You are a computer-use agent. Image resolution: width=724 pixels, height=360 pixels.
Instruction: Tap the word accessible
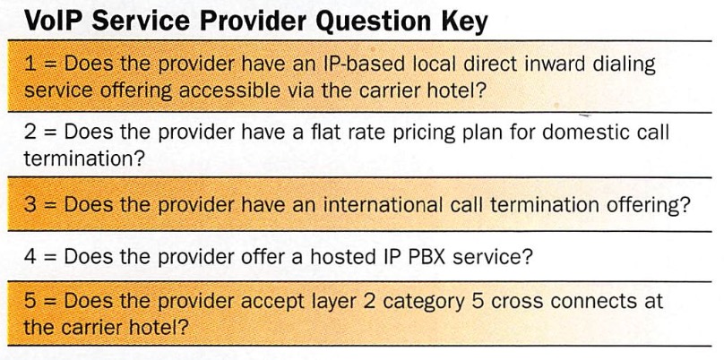(229, 90)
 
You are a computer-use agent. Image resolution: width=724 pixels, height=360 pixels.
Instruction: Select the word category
(424, 303)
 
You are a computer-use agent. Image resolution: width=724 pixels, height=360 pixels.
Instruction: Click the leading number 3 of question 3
(30, 204)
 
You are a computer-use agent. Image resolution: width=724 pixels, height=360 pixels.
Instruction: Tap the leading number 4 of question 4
(30, 257)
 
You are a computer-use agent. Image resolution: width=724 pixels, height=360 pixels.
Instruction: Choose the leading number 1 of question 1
(30, 64)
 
